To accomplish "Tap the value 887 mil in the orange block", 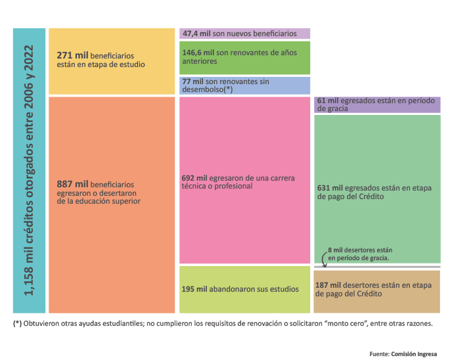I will click(x=73, y=185).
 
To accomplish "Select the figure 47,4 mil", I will click(x=196, y=34).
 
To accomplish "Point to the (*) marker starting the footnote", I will click(x=17, y=324).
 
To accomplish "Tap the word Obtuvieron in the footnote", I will click(x=44, y=324).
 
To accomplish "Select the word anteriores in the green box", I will click(x=200, y=61).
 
